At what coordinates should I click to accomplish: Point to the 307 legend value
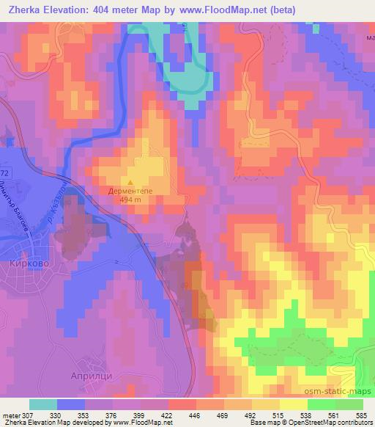(29, 415)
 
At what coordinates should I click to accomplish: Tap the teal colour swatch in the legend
(43, 404)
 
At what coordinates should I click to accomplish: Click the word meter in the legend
(10, 415)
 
